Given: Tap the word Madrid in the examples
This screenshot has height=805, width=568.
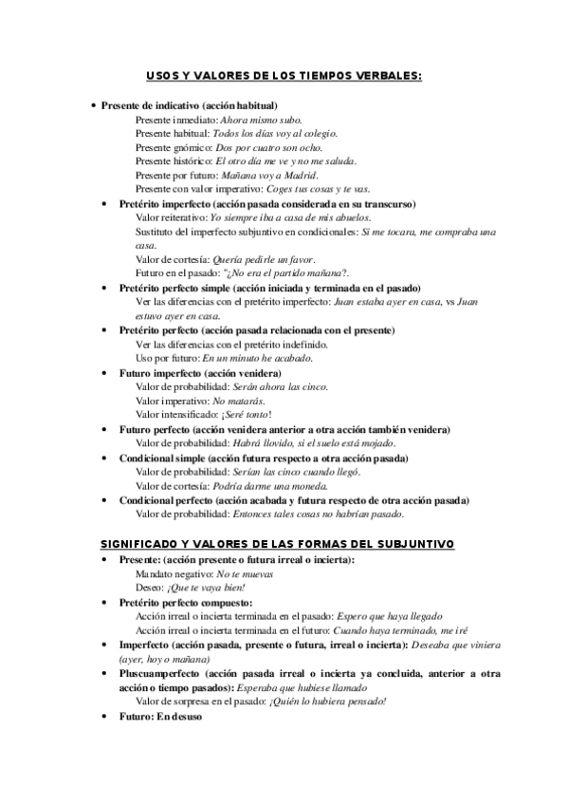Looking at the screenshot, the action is pyautogui.click(x=301, y=176).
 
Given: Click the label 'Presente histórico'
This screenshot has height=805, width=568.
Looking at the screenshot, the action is pyautogui.click(x=174, y=162).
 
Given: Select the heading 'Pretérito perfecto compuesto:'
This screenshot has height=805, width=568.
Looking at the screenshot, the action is pyautogui.click(x=186, y=603).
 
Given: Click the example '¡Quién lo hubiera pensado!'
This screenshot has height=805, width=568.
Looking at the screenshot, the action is pyautogui.click(x=328, y=702).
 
